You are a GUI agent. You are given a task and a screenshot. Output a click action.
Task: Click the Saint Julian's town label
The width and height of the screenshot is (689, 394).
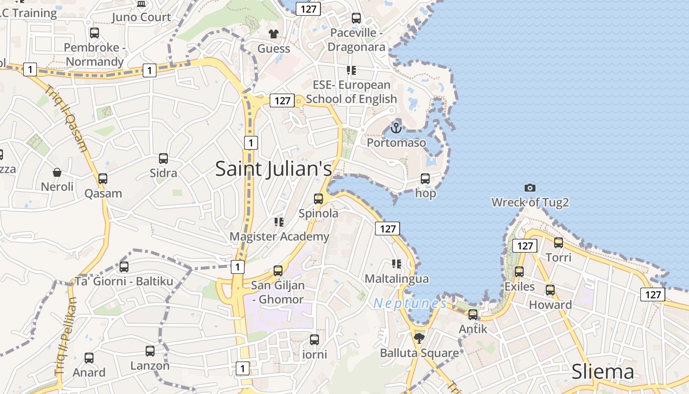(x=274, y=169)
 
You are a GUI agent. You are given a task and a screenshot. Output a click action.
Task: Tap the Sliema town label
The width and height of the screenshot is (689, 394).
(x=602, y=372)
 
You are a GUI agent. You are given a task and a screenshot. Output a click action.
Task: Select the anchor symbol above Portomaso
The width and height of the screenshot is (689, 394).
(x=396, y=128)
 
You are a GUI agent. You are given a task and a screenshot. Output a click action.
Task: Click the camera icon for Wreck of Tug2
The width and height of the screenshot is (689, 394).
(x=530, y=188)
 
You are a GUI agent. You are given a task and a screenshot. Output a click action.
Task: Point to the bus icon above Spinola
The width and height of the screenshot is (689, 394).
(x=318, y=199)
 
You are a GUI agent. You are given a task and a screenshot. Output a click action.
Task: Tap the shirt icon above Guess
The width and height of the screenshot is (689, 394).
(x=274, y=34)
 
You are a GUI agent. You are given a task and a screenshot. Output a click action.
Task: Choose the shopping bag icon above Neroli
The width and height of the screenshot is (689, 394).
(x=57, y=172)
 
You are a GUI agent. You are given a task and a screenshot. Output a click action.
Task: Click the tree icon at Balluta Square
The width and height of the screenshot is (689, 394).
(x=419, y=338)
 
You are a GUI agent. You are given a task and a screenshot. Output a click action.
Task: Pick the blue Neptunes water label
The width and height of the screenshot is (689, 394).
(x=409, y=303)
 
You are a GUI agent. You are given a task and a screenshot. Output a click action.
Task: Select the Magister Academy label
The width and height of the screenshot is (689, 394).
(x=279, y=236)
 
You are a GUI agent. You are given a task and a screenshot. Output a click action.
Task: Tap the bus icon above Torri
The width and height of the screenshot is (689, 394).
(x=559, y=242)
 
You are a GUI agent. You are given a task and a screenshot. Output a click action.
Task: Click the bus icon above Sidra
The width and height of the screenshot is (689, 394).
(x=163, y=159)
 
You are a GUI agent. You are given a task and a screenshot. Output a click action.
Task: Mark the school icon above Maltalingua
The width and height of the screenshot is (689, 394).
(x=396, y=264)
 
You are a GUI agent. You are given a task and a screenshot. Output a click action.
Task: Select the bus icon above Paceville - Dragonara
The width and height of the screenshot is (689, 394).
(x=356, y=18)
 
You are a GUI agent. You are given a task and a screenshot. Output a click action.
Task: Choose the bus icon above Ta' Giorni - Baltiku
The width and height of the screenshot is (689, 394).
(x=124, y=267)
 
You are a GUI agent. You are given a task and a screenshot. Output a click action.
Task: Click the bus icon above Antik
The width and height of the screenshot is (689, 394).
(x=473, y=314)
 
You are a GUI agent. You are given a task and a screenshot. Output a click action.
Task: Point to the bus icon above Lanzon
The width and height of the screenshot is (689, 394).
(x=150, y=351)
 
